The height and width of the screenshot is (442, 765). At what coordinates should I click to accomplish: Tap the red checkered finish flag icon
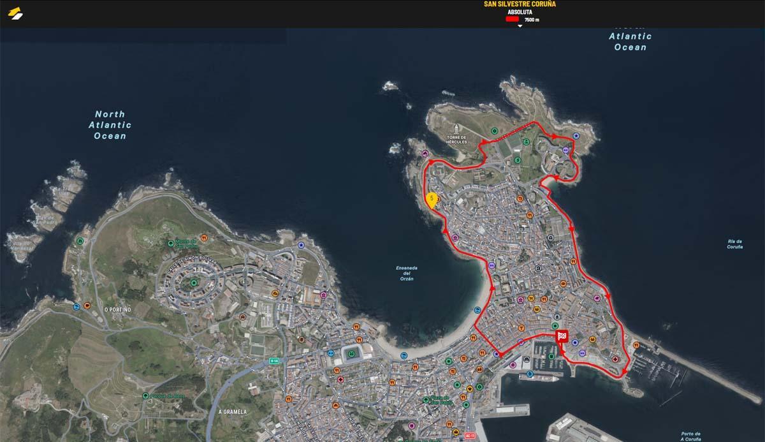click(x=562, y=336)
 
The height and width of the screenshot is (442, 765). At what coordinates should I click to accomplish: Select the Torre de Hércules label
click(x=457, y=140)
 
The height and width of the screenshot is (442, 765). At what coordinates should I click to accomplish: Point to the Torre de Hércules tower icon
click(x=458, y=131)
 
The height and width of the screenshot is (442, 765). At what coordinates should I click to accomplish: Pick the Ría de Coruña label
click(x=734, y=244)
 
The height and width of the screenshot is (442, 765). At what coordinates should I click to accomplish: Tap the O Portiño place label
click(x=117, y=309)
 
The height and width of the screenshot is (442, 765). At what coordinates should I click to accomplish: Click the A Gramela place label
click(x=232, y=412)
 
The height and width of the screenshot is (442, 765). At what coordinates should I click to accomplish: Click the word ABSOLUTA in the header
click(x=520, y=12)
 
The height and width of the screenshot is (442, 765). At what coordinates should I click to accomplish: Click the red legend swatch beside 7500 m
click(x=513, y=20)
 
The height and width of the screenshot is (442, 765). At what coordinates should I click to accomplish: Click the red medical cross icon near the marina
click(x=615, y=359)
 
